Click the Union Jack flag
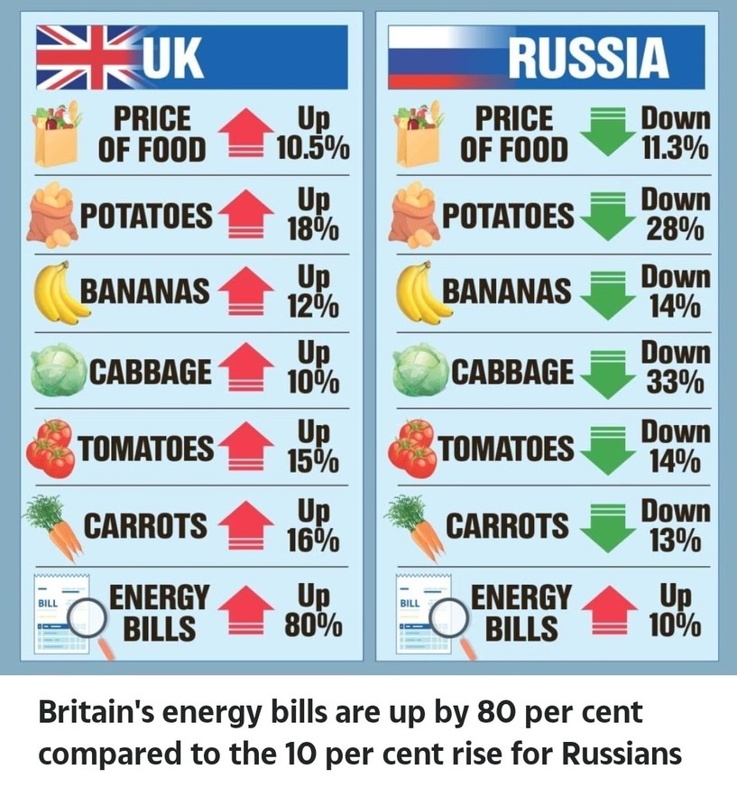(77, 58)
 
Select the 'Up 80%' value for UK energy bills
(312, 610)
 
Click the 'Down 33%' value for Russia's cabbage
(675, 367)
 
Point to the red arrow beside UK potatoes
(245, 216)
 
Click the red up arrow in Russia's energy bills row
(607, 611)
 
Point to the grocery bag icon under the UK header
(56, 135)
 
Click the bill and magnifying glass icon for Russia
(425, 614)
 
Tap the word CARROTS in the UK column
(145, 525)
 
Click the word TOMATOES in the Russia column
(506, 448)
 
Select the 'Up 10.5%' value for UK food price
(312, 134)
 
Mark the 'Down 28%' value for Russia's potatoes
(675, 213)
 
